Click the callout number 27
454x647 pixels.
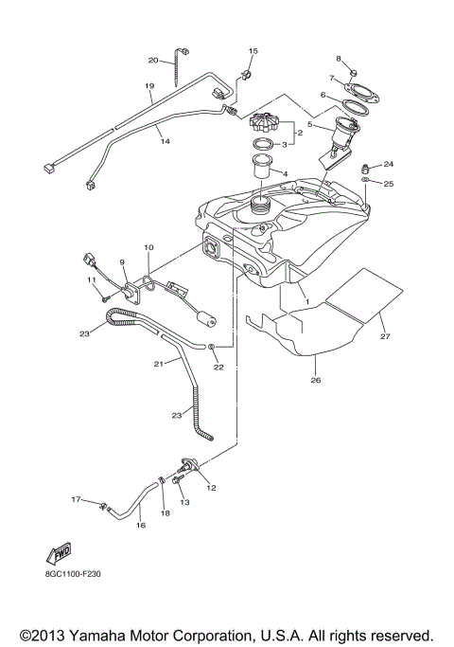[x=385, y=335]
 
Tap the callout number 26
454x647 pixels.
[x=316, y=381]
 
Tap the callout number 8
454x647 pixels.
[x=339, y=59]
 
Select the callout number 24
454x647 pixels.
[x=389, y=163]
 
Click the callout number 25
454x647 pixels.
[x=389, y=183]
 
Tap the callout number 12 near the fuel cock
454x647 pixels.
[x=211, y=487]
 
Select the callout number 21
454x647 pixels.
[x=158, y=364]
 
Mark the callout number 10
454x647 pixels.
[x=148, y=247]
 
